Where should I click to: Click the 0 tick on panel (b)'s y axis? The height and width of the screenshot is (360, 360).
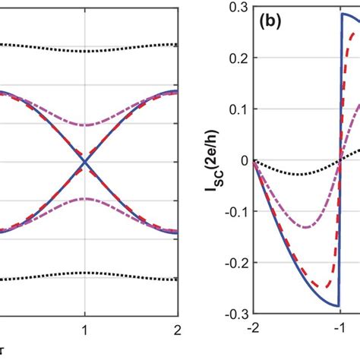(245, 159)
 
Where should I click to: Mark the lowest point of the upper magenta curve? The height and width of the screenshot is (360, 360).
(84, 125)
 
